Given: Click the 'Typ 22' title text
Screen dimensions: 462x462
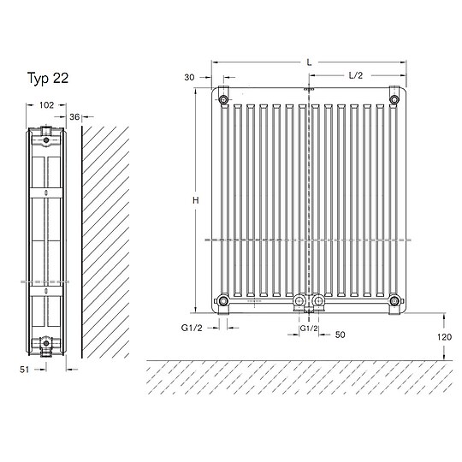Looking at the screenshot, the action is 48,79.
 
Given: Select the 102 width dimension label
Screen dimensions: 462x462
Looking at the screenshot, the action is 46,105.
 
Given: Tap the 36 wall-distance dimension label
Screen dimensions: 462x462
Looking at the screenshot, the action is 74,117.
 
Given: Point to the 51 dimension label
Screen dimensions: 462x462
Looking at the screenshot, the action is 25,370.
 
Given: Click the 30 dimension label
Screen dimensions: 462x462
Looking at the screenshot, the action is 189,77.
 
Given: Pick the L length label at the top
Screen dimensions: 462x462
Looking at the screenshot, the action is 309,62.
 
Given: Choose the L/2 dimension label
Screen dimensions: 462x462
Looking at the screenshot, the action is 356,75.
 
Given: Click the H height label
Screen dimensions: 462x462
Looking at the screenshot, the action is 196,200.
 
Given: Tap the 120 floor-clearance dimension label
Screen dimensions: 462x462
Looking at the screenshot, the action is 444,337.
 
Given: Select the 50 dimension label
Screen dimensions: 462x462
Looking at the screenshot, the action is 340,335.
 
